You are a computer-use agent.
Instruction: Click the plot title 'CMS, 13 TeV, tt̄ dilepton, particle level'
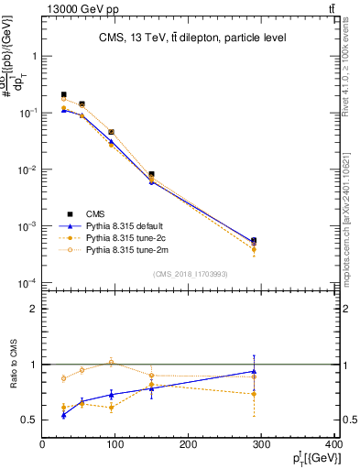[x=192, y=38]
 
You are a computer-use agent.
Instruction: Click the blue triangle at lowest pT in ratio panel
[x=63, y=415]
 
